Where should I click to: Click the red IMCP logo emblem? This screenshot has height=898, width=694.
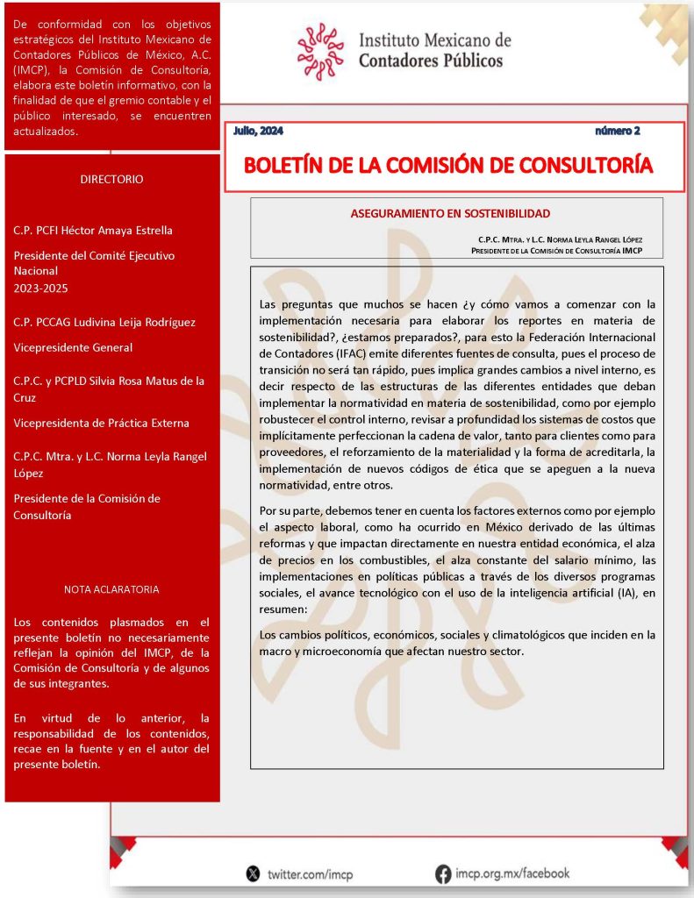320,52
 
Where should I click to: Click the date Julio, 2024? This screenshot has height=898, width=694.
258,131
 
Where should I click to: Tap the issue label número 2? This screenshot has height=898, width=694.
618,131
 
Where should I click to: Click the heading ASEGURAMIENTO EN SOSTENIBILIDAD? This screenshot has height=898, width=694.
450,213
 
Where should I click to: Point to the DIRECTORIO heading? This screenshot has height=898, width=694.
111,179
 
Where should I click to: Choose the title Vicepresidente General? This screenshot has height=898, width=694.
73,347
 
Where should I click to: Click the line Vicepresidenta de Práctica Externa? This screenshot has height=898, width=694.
101,423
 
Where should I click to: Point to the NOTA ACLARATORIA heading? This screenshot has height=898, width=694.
111,589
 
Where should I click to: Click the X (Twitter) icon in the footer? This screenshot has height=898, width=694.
254,873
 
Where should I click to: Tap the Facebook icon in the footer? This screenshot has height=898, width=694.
443,873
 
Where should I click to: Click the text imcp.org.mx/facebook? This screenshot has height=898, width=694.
512,873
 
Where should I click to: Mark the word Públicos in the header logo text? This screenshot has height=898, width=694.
469,61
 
